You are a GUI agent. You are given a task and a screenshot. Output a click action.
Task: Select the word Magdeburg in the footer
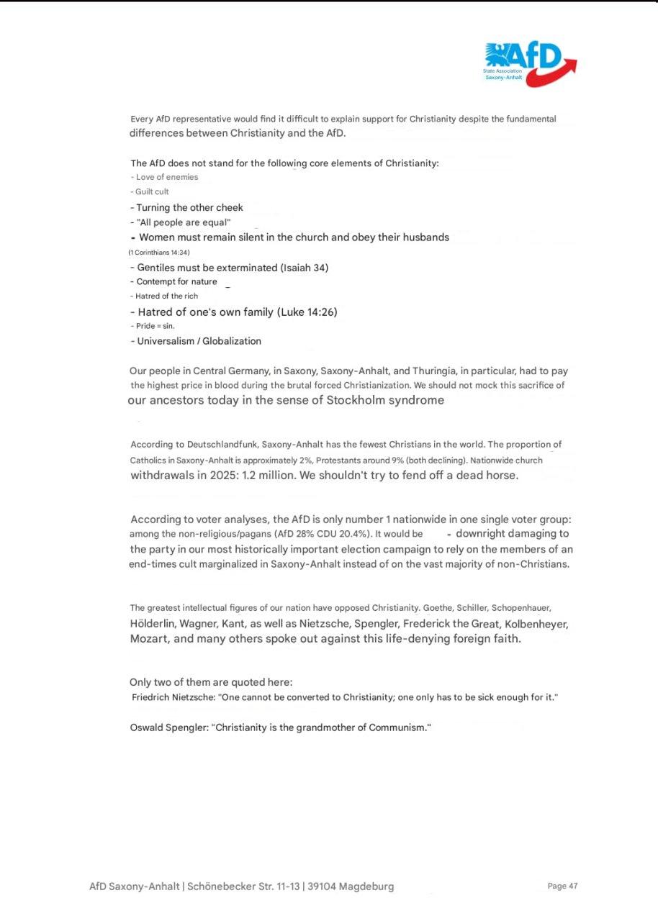tap(366, 886)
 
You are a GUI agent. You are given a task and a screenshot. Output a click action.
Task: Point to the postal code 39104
tap(321, 886)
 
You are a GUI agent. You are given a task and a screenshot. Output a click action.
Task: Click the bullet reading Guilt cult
tap(152, 192)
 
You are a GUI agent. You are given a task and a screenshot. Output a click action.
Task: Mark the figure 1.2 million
tap(266, 476)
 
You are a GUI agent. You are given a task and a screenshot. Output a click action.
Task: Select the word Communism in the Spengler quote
tap(398, 727)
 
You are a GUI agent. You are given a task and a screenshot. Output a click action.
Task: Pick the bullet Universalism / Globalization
tap(199, 341)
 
